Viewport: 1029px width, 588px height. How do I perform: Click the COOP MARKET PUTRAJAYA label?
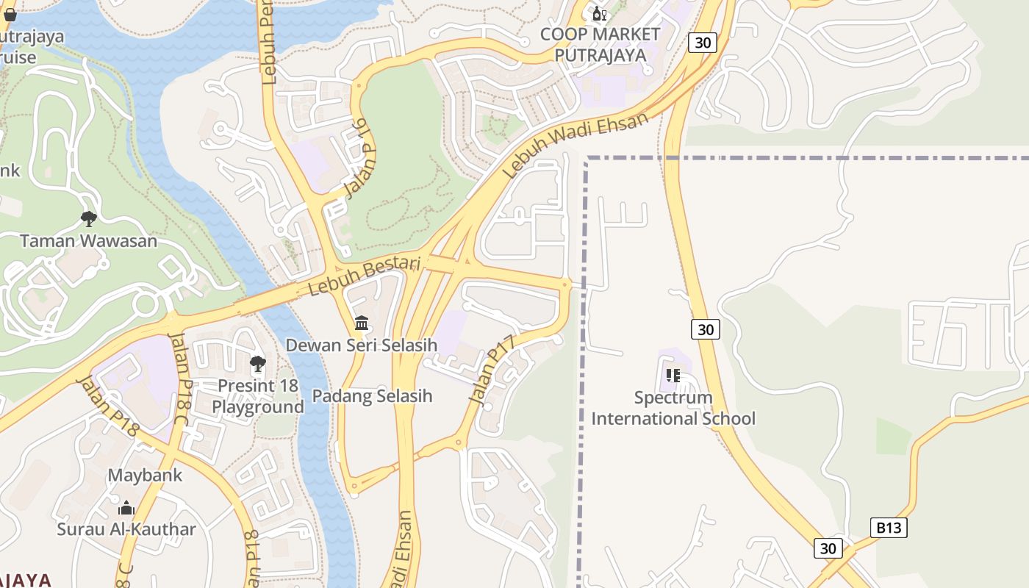(x=600, y=44)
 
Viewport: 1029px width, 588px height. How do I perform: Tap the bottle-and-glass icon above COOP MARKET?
(x=599, y=14)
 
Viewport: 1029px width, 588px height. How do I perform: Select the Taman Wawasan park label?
(x=88, y=240)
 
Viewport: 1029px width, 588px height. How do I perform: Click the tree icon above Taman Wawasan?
(x=89, y=218)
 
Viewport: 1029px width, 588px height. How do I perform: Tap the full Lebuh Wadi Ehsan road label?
(x=577, y=145)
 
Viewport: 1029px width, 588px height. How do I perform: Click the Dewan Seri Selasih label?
(x=361, y=345)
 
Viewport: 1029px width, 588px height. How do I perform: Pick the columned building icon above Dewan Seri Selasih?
(x=361, y=323)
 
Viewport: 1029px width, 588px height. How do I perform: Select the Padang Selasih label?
(x=372, y=396)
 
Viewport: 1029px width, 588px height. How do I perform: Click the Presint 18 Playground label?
(x=258, y=396)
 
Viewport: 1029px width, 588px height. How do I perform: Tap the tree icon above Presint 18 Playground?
(x=257, y=364)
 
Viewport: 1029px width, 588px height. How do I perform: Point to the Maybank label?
(x=145, y=475)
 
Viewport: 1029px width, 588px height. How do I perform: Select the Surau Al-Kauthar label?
(x=126, y=529)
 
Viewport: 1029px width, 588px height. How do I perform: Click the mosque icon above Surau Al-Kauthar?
(x=126, y=508)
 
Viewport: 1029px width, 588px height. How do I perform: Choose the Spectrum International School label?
(x=673, y=408)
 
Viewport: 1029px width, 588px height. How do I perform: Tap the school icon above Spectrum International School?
(x=673, y=376)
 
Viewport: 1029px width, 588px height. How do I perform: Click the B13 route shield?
(x=889, y=527)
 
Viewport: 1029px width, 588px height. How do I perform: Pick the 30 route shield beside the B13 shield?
(x=828, y=548)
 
